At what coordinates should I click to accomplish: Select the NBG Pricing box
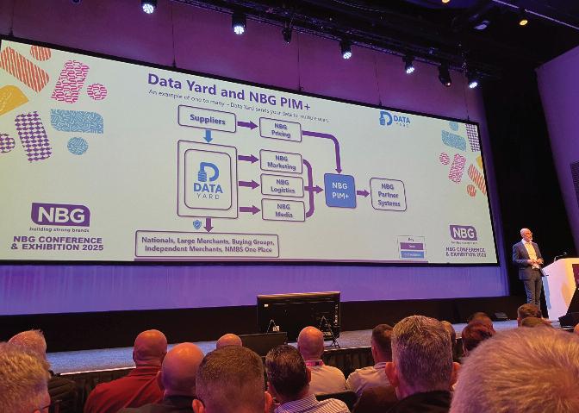coord(281,129)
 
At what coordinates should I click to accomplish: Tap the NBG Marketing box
coord(282,160)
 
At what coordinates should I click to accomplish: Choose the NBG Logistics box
coord(283,185)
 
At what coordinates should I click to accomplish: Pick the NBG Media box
coord(283,210)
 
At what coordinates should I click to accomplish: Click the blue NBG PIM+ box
coord(339,190)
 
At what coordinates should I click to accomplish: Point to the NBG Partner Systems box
coord(388,194)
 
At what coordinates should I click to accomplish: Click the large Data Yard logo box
coord(208,179)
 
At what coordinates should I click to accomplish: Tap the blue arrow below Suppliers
coord(208,135)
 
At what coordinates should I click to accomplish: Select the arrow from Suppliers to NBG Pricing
coord(246,125)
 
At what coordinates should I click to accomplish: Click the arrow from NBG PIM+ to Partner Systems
coord(363,193)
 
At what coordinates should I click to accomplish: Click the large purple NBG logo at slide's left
coord(60,215)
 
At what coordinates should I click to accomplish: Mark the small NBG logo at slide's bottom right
coord(463,233)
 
